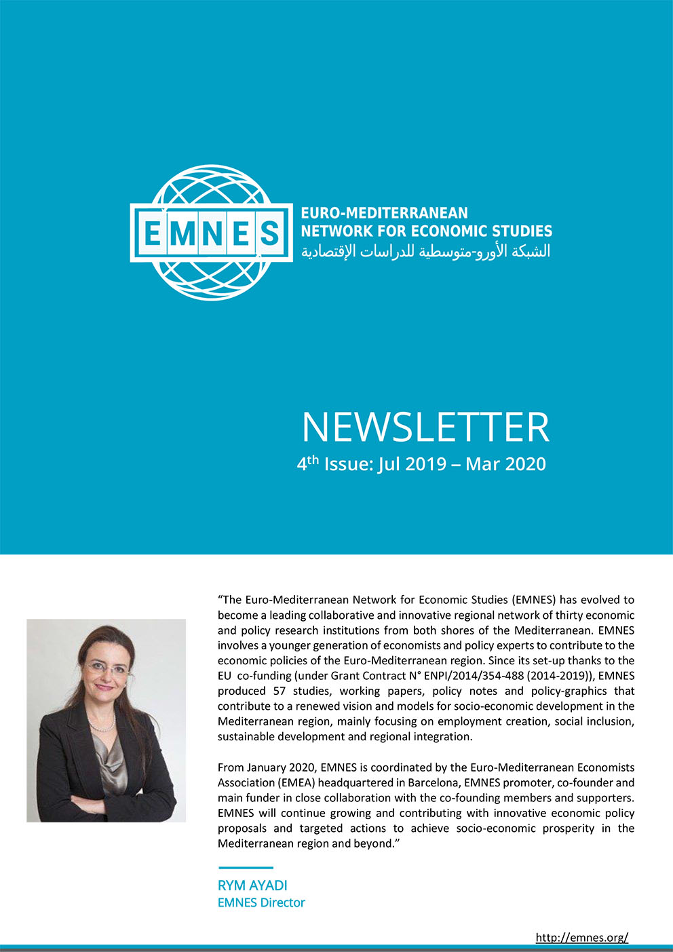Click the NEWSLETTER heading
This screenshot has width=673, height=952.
[425, 427]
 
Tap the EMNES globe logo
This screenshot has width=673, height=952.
[211, 232]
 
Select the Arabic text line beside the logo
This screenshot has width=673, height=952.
[425, 252]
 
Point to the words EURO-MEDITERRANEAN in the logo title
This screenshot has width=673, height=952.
[384, 213]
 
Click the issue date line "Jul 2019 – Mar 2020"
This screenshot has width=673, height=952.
[461, 464]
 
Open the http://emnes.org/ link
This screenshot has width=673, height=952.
[581, 937]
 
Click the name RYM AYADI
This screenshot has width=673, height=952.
[252, 886]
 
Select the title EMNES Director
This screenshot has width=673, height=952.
[261, 902]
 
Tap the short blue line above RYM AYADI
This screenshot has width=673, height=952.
[246, 867]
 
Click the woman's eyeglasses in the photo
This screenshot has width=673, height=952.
[108, 669]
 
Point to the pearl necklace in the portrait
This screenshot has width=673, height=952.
[103, 724]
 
